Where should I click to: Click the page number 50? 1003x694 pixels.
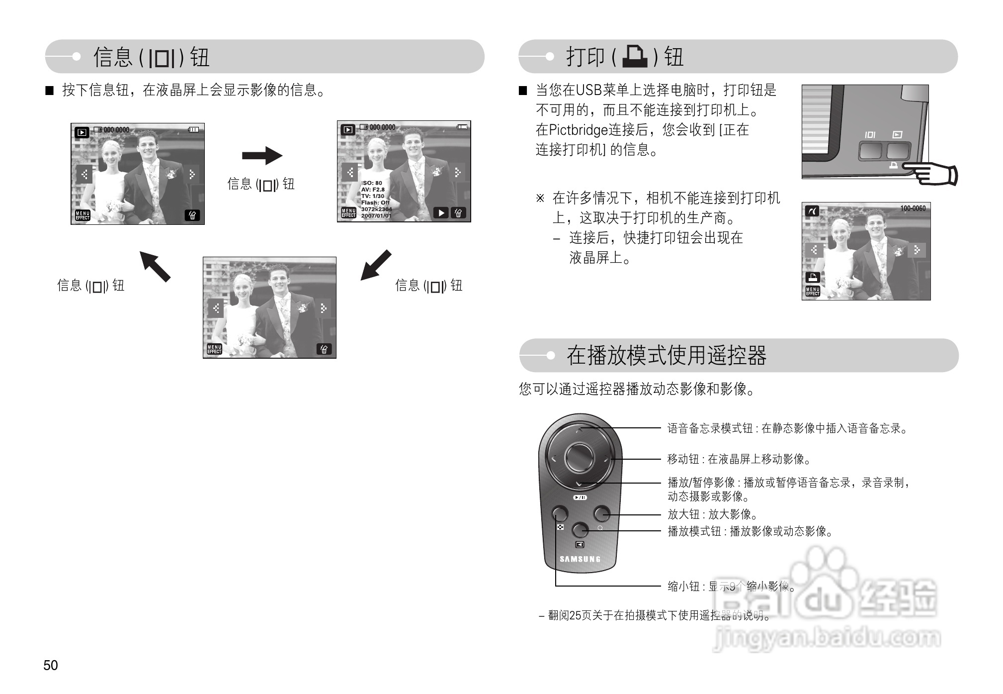51,665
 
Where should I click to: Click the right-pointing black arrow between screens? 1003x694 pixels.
262,156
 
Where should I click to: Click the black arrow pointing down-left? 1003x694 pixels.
375,265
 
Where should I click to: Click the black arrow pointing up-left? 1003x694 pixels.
155,267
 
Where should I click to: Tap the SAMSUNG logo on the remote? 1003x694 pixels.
580,559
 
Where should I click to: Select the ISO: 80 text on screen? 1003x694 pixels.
372,183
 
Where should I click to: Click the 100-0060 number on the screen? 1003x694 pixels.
913,208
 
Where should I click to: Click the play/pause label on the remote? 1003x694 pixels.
580,497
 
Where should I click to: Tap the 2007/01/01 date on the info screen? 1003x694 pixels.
376,216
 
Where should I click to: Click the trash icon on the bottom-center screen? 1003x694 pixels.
324,349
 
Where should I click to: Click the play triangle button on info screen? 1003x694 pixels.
441,213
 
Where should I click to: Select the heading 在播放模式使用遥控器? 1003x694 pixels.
666,355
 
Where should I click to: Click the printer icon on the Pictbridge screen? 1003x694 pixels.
813,278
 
